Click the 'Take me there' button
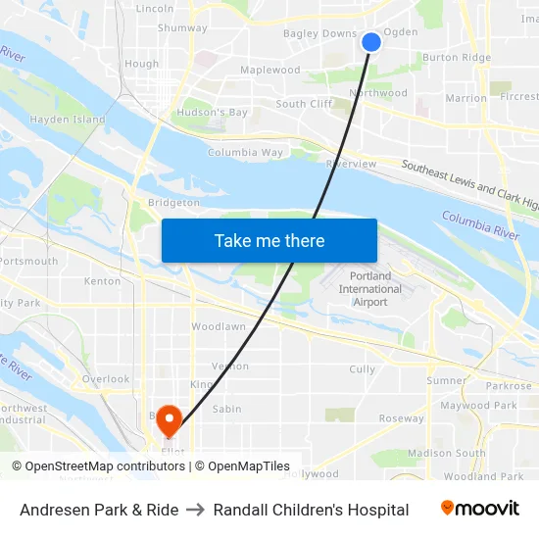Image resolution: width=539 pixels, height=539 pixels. pos(269,240)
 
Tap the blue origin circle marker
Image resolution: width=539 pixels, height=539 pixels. pos(371,41)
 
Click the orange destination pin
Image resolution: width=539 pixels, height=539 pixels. pos(170,420)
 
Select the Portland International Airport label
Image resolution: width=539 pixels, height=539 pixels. pos(369,289)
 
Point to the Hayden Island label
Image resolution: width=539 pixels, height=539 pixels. pos(68,120)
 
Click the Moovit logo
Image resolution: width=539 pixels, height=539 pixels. pos(479,509)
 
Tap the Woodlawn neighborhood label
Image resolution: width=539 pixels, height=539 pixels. pos(219,326)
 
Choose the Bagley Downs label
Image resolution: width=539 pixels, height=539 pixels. pos(319,33)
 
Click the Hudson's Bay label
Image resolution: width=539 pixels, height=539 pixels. pos(213,113)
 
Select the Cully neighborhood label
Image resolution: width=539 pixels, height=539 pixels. pos(363,369)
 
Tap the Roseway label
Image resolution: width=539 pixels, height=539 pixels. pos(402,418)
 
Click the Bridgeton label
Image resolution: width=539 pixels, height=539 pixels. pos(173,202)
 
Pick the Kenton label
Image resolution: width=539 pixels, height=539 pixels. pos(103,281)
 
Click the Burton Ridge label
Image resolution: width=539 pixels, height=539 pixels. pos(457,58)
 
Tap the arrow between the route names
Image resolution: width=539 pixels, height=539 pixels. pos(196,510)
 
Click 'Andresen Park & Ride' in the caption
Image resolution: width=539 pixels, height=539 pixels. pos(99,510)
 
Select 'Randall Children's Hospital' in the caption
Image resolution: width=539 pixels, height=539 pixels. pos(311,510)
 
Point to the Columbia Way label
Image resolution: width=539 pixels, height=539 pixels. pos(245,153)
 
